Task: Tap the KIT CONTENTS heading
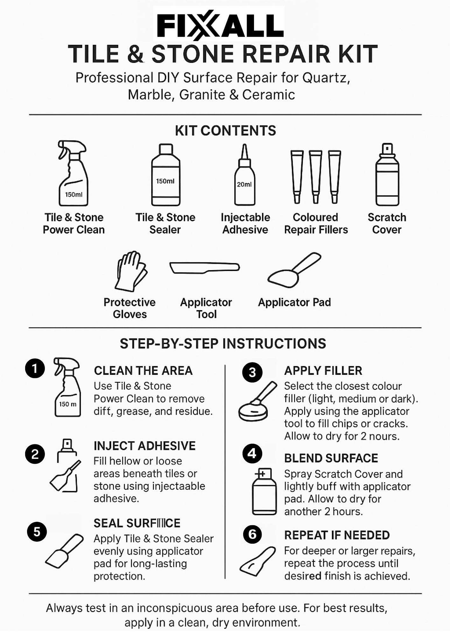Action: (225, 131)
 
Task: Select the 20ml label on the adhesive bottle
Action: (244, 184)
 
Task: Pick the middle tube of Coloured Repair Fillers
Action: (315, 177)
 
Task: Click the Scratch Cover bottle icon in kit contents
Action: (387, 175)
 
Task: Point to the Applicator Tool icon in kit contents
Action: (204, 268)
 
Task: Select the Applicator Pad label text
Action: (294, 302)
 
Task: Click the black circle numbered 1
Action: (35, 369)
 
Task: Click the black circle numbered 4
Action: (252, 453)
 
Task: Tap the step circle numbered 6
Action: (252, 534)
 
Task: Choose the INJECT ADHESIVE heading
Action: (144, 446)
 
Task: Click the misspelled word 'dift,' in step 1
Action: (103, 411)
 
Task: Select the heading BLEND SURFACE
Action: (331, 458)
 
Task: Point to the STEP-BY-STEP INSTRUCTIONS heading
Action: (223, 344)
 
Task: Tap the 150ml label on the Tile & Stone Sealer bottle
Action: (165, 181)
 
